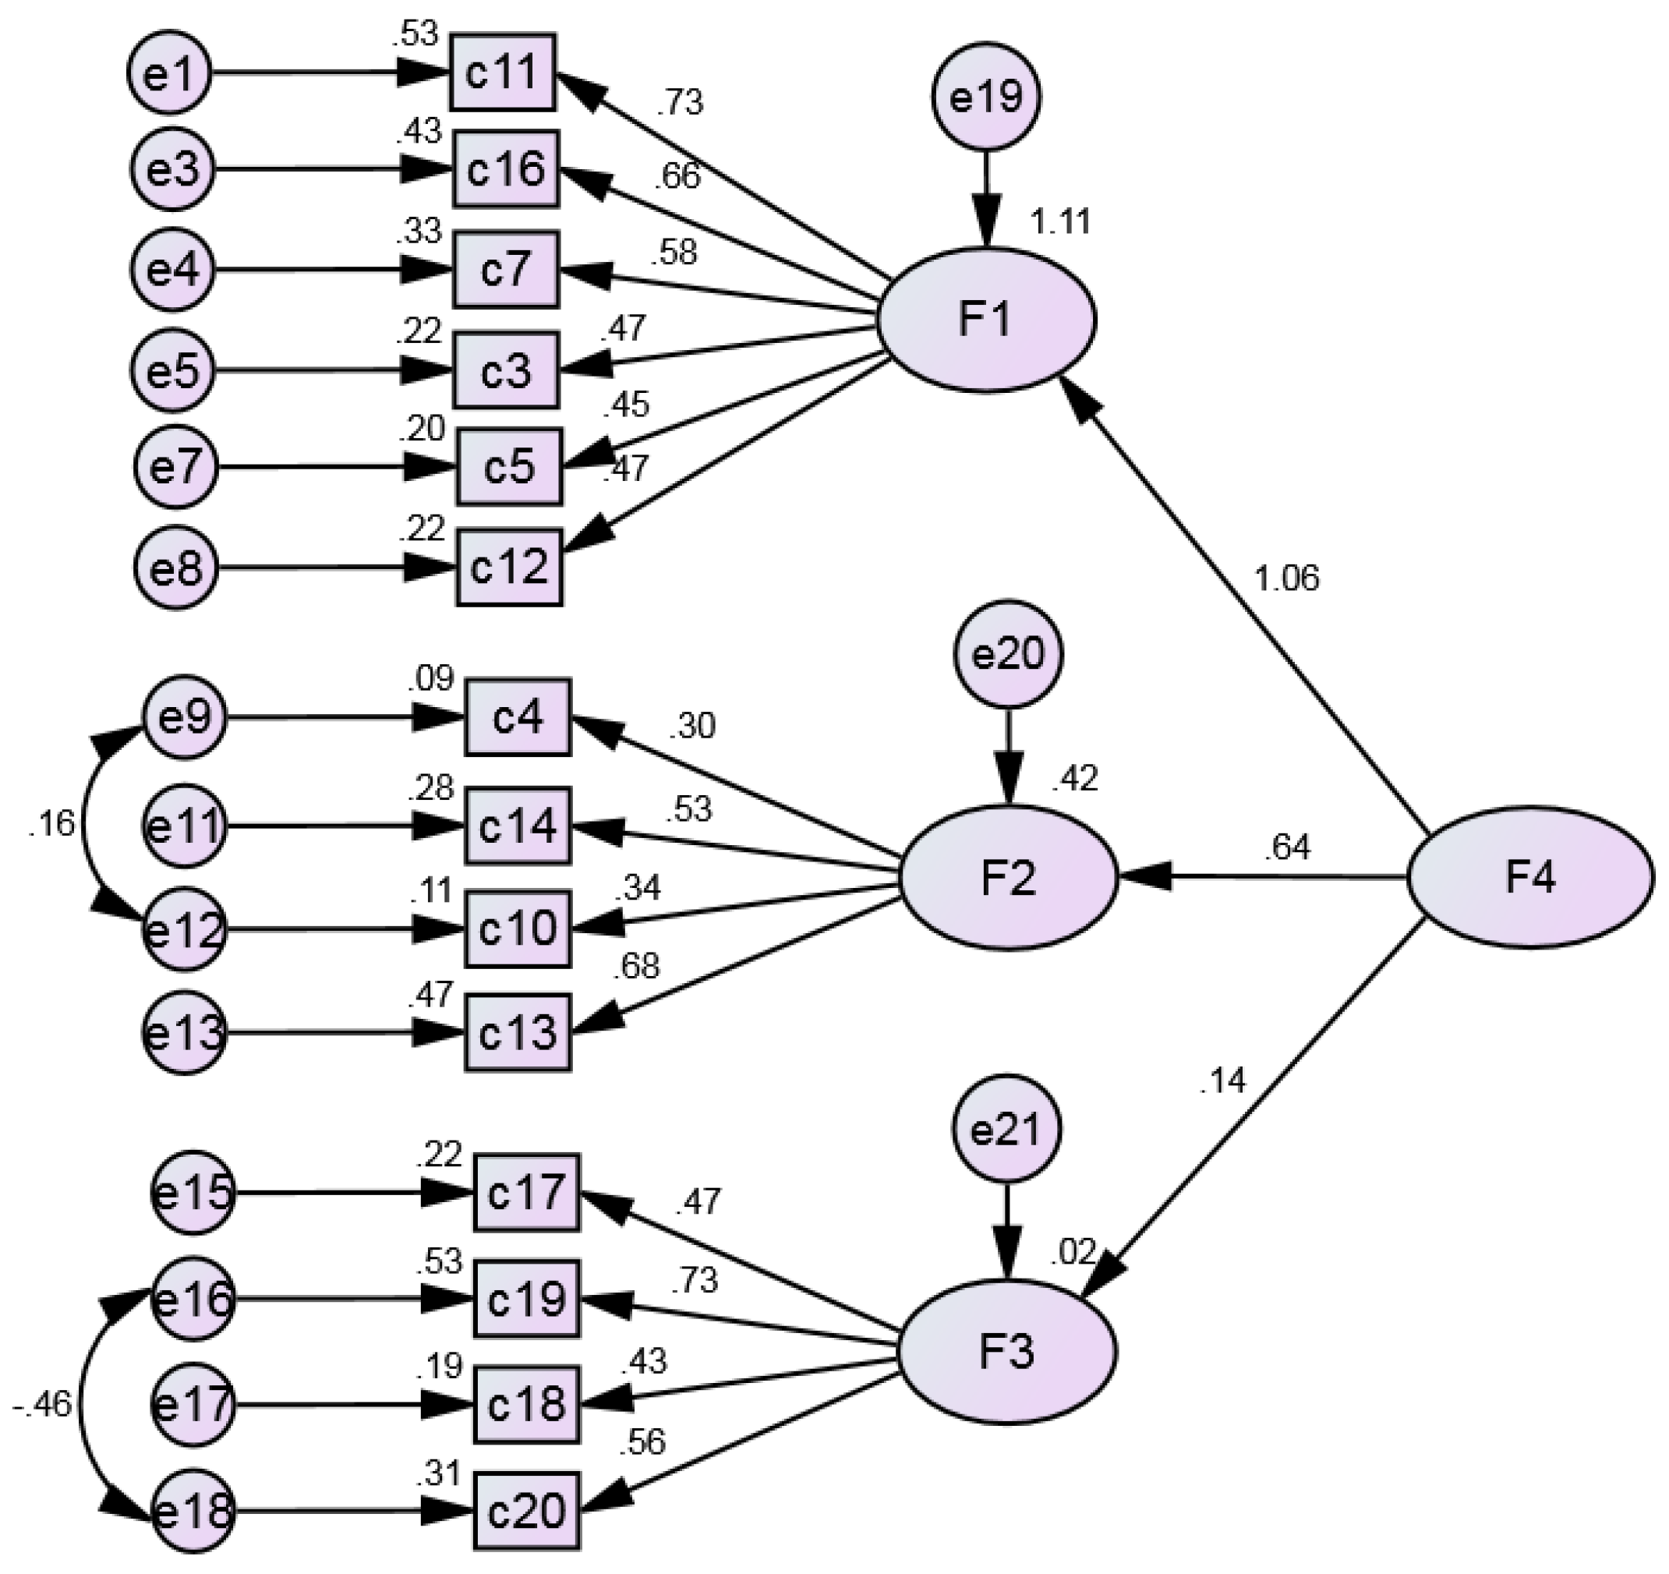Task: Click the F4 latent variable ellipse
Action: point(1529,877)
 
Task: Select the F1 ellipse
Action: point(985,320)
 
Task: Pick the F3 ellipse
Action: point(1006,1352)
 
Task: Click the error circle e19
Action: point(985,97)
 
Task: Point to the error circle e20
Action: point(1007,654)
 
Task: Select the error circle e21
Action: point(1006,1130)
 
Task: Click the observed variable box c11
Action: point(501,73)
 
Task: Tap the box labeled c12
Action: point(509,567)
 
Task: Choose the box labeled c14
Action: point(517,826)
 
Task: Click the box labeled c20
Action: point(526,1511)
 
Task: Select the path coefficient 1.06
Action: point(1286,578)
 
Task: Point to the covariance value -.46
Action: point(42,1404)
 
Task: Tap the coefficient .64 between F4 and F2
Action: point(1286,849)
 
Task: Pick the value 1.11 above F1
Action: point(1060,222)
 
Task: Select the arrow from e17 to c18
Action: point(336,1404)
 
